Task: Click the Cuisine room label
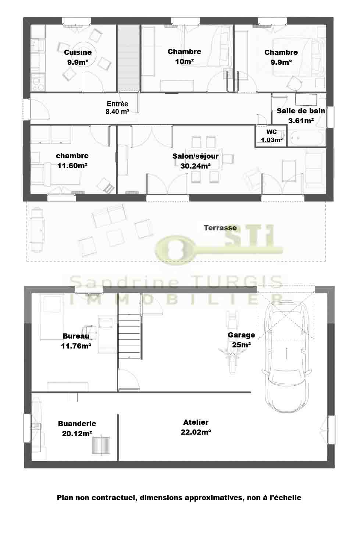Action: point(78,53)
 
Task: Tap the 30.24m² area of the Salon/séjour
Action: point(195,166)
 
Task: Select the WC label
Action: point(272,132)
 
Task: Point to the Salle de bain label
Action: point(301,111)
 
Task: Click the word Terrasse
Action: point(220,228)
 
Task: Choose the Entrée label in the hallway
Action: point(117,104)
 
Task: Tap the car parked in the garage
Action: point(286,357)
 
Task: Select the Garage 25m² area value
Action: point(241,345)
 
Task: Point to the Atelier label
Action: point(196,422)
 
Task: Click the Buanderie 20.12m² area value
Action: point(77,434)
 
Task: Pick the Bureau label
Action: point(76,336)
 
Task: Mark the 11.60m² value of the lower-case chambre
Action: point(72,166)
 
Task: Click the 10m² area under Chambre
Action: point(184,61)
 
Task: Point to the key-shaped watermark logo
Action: point(219,245)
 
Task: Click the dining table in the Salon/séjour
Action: point(204,159)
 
